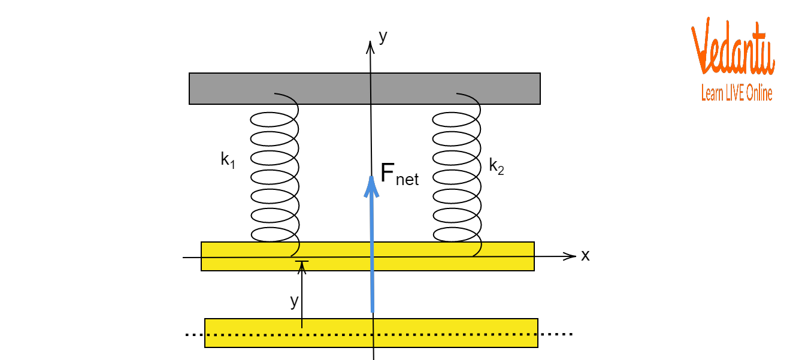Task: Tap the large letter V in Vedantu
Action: [700, 47]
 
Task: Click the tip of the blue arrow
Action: [371, 178]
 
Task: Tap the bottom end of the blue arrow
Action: [372, 311]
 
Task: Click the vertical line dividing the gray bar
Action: [371, 89]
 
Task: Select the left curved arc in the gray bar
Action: [287, 97]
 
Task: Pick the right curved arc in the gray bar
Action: [469, 97]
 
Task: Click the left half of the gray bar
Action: [240, 89]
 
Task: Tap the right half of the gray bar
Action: [509, 89]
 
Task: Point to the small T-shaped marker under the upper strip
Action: [302, 264]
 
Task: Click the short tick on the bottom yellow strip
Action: [302, 323]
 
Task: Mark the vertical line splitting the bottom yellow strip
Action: [373, 333]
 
